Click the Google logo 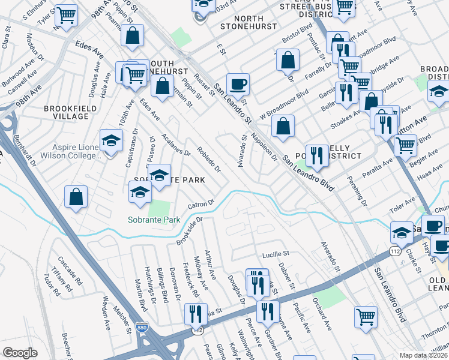click(x=20, y=352)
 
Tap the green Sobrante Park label click(x=154, y=220)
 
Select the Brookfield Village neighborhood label click(x=70, y=109)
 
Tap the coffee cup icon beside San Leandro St click(x=238, y=85)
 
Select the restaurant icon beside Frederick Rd click(x=196, y=313)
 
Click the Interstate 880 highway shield click(x=142, y=328)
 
